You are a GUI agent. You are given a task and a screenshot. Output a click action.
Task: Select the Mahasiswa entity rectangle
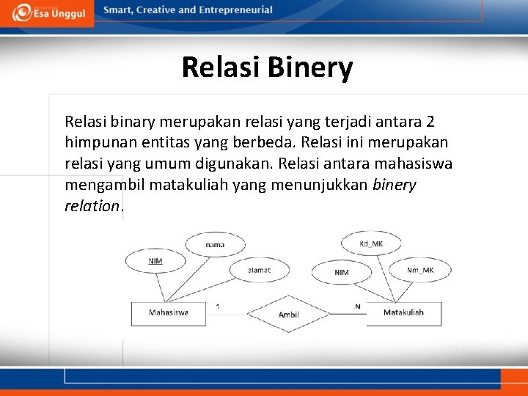tap(168, 313)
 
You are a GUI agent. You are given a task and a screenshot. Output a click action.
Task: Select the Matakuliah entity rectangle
tap(404, 313)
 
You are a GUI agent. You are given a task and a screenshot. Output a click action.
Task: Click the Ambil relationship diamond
tap(288, 314)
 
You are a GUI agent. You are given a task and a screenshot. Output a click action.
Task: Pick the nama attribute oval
tap(215, 245)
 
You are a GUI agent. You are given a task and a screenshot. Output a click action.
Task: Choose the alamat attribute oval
tap(259, 270)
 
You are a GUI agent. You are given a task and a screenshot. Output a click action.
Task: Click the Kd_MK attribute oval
tap(371, 243)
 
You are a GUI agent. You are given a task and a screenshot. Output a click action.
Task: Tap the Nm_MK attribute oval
tap(420, 270)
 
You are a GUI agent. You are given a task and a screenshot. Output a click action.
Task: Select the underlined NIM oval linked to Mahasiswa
tap(155, 261)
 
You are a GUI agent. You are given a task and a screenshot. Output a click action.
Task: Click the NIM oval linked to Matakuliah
tap(342, 272)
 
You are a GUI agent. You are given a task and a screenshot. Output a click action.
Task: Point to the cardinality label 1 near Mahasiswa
tap(218, 306)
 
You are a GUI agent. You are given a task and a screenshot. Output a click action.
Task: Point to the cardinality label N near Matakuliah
tap(358, 306)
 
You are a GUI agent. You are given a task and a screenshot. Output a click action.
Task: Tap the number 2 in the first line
tap(430, 121)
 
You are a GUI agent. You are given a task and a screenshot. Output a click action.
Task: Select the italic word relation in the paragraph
tap(92, 206)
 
